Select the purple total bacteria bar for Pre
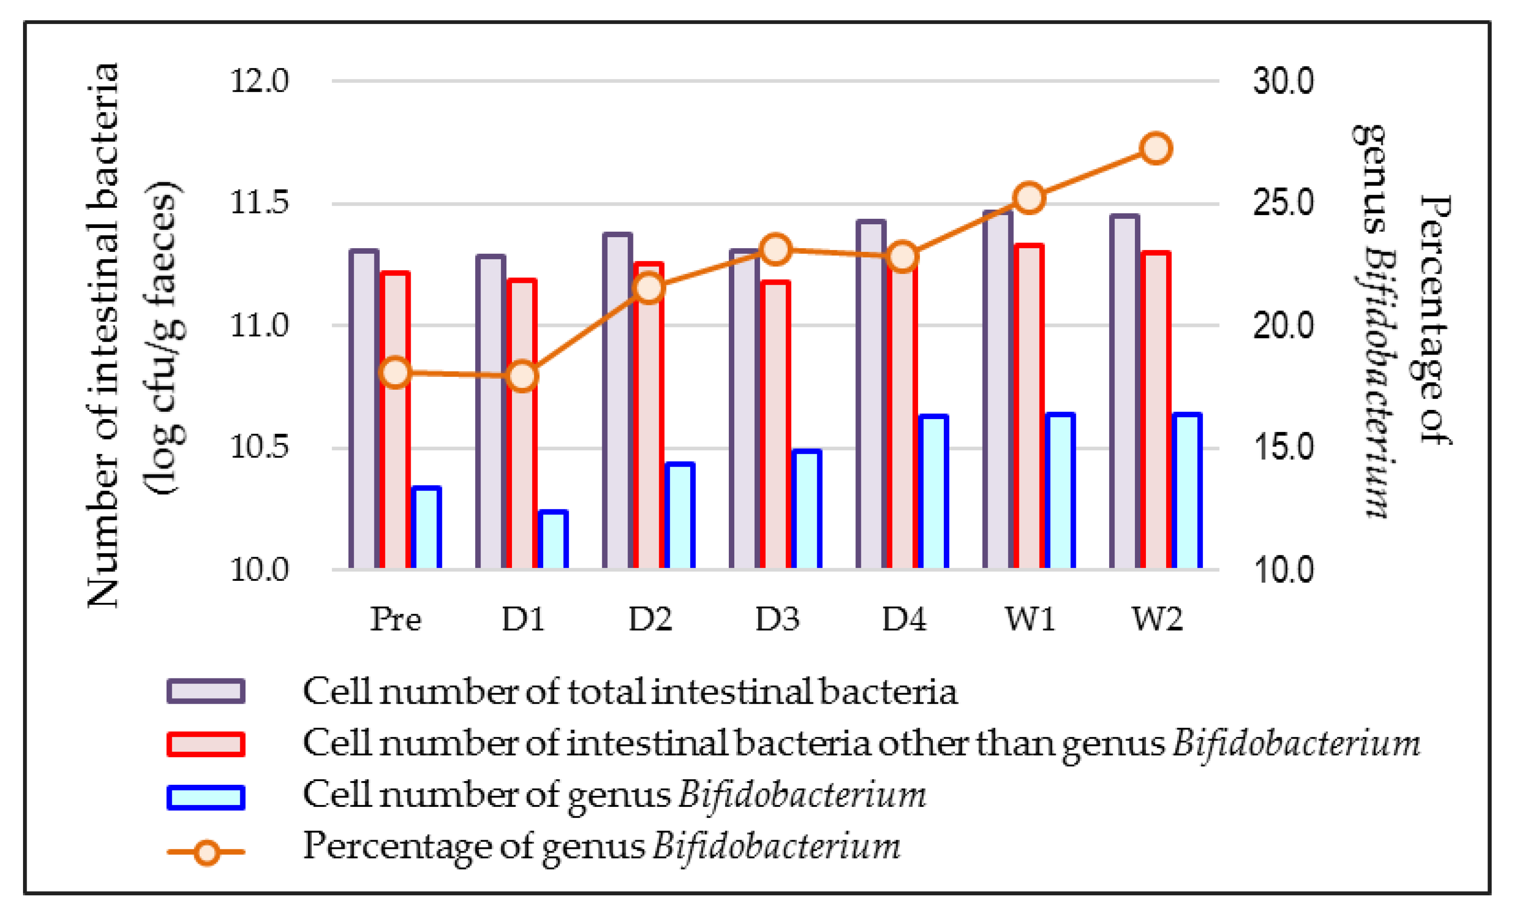click(x=364, y=409)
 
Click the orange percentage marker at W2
click(x=1156, y=148)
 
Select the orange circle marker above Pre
click(x=396, y=372)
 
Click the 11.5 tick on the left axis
click(x=259, y=203)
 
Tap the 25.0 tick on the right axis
click(x=1283, y=203)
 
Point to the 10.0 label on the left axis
click(x=259, y=570)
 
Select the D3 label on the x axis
click(x=777, y=619)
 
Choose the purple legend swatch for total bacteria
click(x=206, y=691)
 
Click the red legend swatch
click(x=206, y=744)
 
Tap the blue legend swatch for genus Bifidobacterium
click(x=206, y=797)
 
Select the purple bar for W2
click(x=1125, y=391)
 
